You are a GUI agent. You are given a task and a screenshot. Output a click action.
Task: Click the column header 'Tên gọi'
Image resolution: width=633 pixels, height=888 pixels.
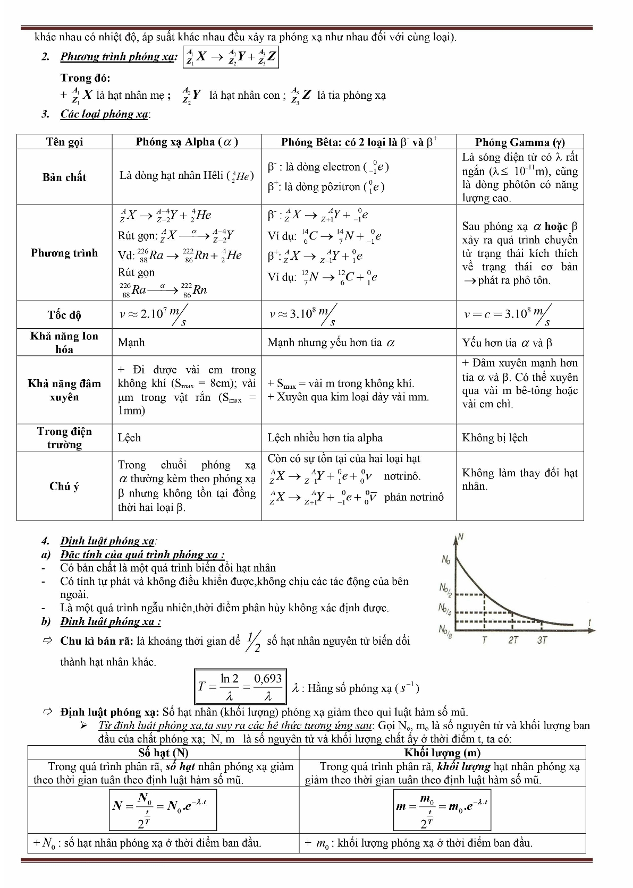tap(64, 142)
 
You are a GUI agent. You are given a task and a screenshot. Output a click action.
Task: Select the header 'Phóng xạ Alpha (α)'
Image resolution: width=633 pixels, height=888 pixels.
tap(187, 142)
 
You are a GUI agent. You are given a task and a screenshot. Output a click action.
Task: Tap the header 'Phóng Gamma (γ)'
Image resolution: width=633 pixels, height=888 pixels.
tap(519, 142)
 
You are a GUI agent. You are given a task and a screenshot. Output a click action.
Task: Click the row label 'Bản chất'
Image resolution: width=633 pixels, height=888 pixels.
tap(64, 177)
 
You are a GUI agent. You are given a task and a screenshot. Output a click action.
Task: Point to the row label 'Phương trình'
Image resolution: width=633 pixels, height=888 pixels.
tap(64, 253)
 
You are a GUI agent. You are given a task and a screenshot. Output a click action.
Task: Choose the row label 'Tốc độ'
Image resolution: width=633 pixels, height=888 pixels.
tap(64, 315)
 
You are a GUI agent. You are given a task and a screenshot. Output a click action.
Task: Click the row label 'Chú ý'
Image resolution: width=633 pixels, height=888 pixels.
tap(64, 486)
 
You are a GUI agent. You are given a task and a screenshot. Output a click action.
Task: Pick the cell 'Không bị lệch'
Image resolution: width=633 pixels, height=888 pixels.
tap(495, 438)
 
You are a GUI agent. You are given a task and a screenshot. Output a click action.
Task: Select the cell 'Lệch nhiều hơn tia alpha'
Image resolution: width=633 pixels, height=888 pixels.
tap(325, 438)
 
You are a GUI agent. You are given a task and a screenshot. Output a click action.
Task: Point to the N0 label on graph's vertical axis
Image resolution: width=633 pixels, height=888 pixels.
tap(446, 559)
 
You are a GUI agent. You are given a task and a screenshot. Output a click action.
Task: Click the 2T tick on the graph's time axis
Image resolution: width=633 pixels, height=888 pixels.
tap(513, 640)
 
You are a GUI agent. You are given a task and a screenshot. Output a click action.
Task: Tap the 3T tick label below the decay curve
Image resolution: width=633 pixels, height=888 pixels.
tap(542, 640)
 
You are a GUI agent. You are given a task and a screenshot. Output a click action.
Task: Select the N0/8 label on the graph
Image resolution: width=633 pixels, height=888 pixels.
tap(445, 630)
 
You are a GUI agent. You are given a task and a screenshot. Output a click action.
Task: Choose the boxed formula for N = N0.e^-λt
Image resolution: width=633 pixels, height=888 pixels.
tap(163, 809)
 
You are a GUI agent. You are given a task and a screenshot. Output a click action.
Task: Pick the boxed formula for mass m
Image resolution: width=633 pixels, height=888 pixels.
tap(442, 809)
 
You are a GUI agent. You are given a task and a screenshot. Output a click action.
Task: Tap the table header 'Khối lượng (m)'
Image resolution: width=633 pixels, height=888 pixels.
tap(442, 753)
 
